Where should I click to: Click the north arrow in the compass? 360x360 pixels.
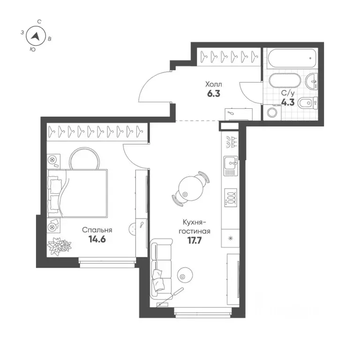[x=36, y=36]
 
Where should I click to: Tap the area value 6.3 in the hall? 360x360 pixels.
[x=214, y=94]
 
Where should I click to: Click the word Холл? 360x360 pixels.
[x=214, y=84]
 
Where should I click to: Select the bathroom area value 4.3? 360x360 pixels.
[x=288, y=102]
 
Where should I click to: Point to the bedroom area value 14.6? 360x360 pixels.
[x=97, y=239]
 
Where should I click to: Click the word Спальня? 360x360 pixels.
[x=97, y=230]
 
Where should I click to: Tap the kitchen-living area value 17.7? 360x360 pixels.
[x=195, y=240]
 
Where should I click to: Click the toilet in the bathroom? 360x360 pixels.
[x=307, y=103]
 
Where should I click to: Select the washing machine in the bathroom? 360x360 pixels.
[x=272, y=112]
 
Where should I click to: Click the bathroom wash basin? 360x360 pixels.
[x=312, y=82]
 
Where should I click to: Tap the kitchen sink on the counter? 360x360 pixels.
[x=231, y=166]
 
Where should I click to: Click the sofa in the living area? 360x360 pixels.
[x=161, y=269]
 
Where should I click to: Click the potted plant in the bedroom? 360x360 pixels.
[x=59, y=246]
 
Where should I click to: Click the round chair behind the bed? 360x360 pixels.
[x=84, y=159]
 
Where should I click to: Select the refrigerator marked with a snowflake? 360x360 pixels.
[x=230, y=238]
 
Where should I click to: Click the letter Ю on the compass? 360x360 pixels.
[x=33, y=49]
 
